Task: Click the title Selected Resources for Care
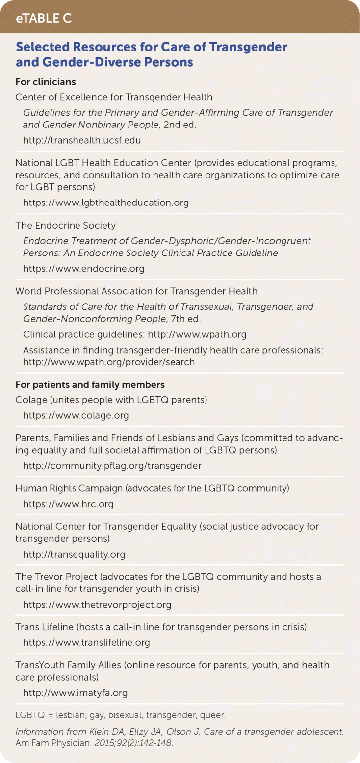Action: [151, 54]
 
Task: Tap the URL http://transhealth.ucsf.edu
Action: [82, 140]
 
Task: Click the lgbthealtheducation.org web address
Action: [105, 202]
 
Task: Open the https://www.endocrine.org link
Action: [83, 269]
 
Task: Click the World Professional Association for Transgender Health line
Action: [136, 291]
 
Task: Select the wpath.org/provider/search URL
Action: [109, 362]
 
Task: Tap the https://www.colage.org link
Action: [76, 415]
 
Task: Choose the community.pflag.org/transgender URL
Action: [112, 466]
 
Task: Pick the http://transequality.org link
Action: [74, 555]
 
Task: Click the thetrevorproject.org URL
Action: [97, 605]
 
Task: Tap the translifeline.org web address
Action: [86, 642]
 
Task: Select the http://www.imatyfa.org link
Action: [75, 693]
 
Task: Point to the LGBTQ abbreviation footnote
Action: [121, 715]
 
